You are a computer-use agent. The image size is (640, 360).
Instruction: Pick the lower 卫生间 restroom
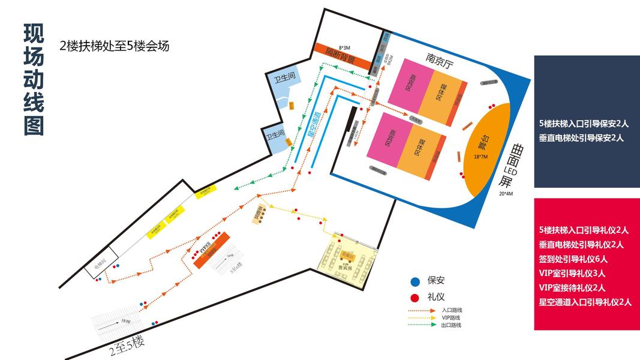click(274, 136)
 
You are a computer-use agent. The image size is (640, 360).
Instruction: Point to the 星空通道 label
click(312, 123)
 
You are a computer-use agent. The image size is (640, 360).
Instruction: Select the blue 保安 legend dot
click(414, 281)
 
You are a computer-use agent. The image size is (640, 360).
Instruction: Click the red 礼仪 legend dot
click(414, 297)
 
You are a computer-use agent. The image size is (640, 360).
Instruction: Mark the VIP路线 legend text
click(451, 317)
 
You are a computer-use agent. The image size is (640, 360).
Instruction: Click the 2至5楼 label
click(127, 344)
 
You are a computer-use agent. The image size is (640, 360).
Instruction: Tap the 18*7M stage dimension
click(480, 156)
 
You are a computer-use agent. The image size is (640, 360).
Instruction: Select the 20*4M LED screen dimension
click(506, 194)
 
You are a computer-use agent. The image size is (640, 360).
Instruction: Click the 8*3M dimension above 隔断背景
click(344, 47)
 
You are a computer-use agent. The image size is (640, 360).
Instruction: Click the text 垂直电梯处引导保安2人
click(581, 138)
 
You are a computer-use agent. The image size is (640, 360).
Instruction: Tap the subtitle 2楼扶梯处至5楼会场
click(115, 46)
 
